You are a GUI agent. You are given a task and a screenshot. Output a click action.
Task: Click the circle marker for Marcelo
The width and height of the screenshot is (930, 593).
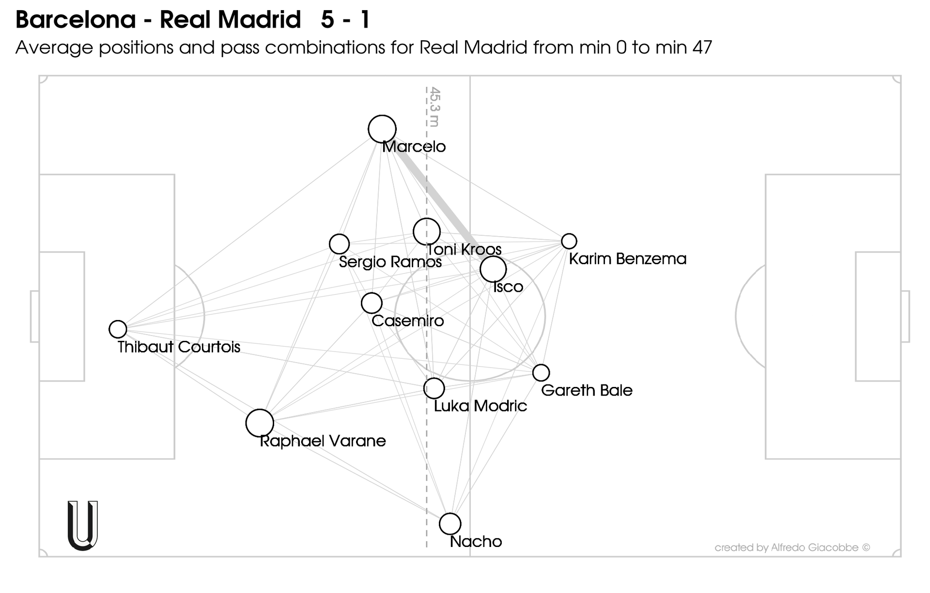coord(382,129)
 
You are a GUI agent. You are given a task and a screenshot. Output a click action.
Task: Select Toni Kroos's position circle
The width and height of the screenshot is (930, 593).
coord(426,231)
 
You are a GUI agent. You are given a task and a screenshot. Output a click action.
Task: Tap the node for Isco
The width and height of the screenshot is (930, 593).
coord(493,269)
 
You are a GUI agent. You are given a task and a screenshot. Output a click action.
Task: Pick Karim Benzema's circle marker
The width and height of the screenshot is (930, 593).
coord(569,241)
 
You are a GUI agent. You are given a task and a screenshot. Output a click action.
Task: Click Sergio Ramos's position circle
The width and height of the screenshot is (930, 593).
coord(339,244)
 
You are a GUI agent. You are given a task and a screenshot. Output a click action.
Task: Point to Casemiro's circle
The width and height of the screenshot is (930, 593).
coord(372,303)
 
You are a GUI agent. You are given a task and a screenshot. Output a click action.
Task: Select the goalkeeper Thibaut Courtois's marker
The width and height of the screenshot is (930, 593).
coord(118,329)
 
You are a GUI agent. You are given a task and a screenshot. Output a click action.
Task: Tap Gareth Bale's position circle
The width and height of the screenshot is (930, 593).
coord(541,373)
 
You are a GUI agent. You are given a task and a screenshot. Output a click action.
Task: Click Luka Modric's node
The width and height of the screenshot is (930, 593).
coord(434,388)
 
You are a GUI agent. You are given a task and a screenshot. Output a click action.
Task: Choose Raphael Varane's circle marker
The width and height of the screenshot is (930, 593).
coord(260,423)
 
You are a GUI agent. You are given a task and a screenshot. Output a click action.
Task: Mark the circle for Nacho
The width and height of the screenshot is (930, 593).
coord(450,524)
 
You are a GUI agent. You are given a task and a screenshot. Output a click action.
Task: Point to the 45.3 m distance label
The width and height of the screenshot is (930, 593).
coord(434,107)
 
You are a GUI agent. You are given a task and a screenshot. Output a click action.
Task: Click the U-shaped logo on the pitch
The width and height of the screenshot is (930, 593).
coord(83,526)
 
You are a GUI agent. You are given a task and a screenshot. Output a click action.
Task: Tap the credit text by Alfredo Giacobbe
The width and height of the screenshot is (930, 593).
coord(792,548)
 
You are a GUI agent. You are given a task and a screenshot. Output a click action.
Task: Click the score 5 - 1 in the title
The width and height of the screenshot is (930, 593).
coord(345,20)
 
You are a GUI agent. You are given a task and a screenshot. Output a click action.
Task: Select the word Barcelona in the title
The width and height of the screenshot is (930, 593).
coord(76,20)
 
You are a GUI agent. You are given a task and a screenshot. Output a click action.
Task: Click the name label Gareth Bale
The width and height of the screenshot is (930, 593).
coord(587,390)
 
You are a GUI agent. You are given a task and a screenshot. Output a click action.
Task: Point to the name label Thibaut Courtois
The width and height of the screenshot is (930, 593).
coord(179,347)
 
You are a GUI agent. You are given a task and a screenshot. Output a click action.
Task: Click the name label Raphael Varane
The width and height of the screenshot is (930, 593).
coord(323,441)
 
